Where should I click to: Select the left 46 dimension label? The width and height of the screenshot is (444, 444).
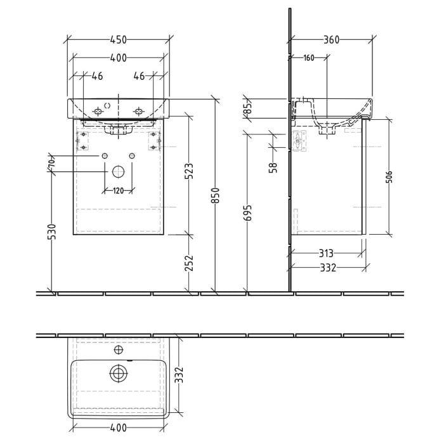click(97, 76)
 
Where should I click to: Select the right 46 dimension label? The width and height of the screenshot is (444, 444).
click(139, 76)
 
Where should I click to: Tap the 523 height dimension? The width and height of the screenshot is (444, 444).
click(189, 171)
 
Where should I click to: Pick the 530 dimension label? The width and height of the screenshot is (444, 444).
click(52, 232)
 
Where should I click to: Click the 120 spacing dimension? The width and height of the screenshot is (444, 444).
click(119, 191)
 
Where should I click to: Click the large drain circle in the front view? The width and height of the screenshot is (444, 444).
click(119, 171)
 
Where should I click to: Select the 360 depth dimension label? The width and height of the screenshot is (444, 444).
click(330, 39)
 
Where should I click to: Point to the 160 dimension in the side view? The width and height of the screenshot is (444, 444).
click(309, 58)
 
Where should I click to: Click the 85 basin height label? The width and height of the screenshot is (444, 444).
click(248, 108)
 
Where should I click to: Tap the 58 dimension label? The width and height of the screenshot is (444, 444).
click(273, 167)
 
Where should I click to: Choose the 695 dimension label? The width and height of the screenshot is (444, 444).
click(248, 212)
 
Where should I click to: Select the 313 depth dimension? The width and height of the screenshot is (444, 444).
click(327, 254)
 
